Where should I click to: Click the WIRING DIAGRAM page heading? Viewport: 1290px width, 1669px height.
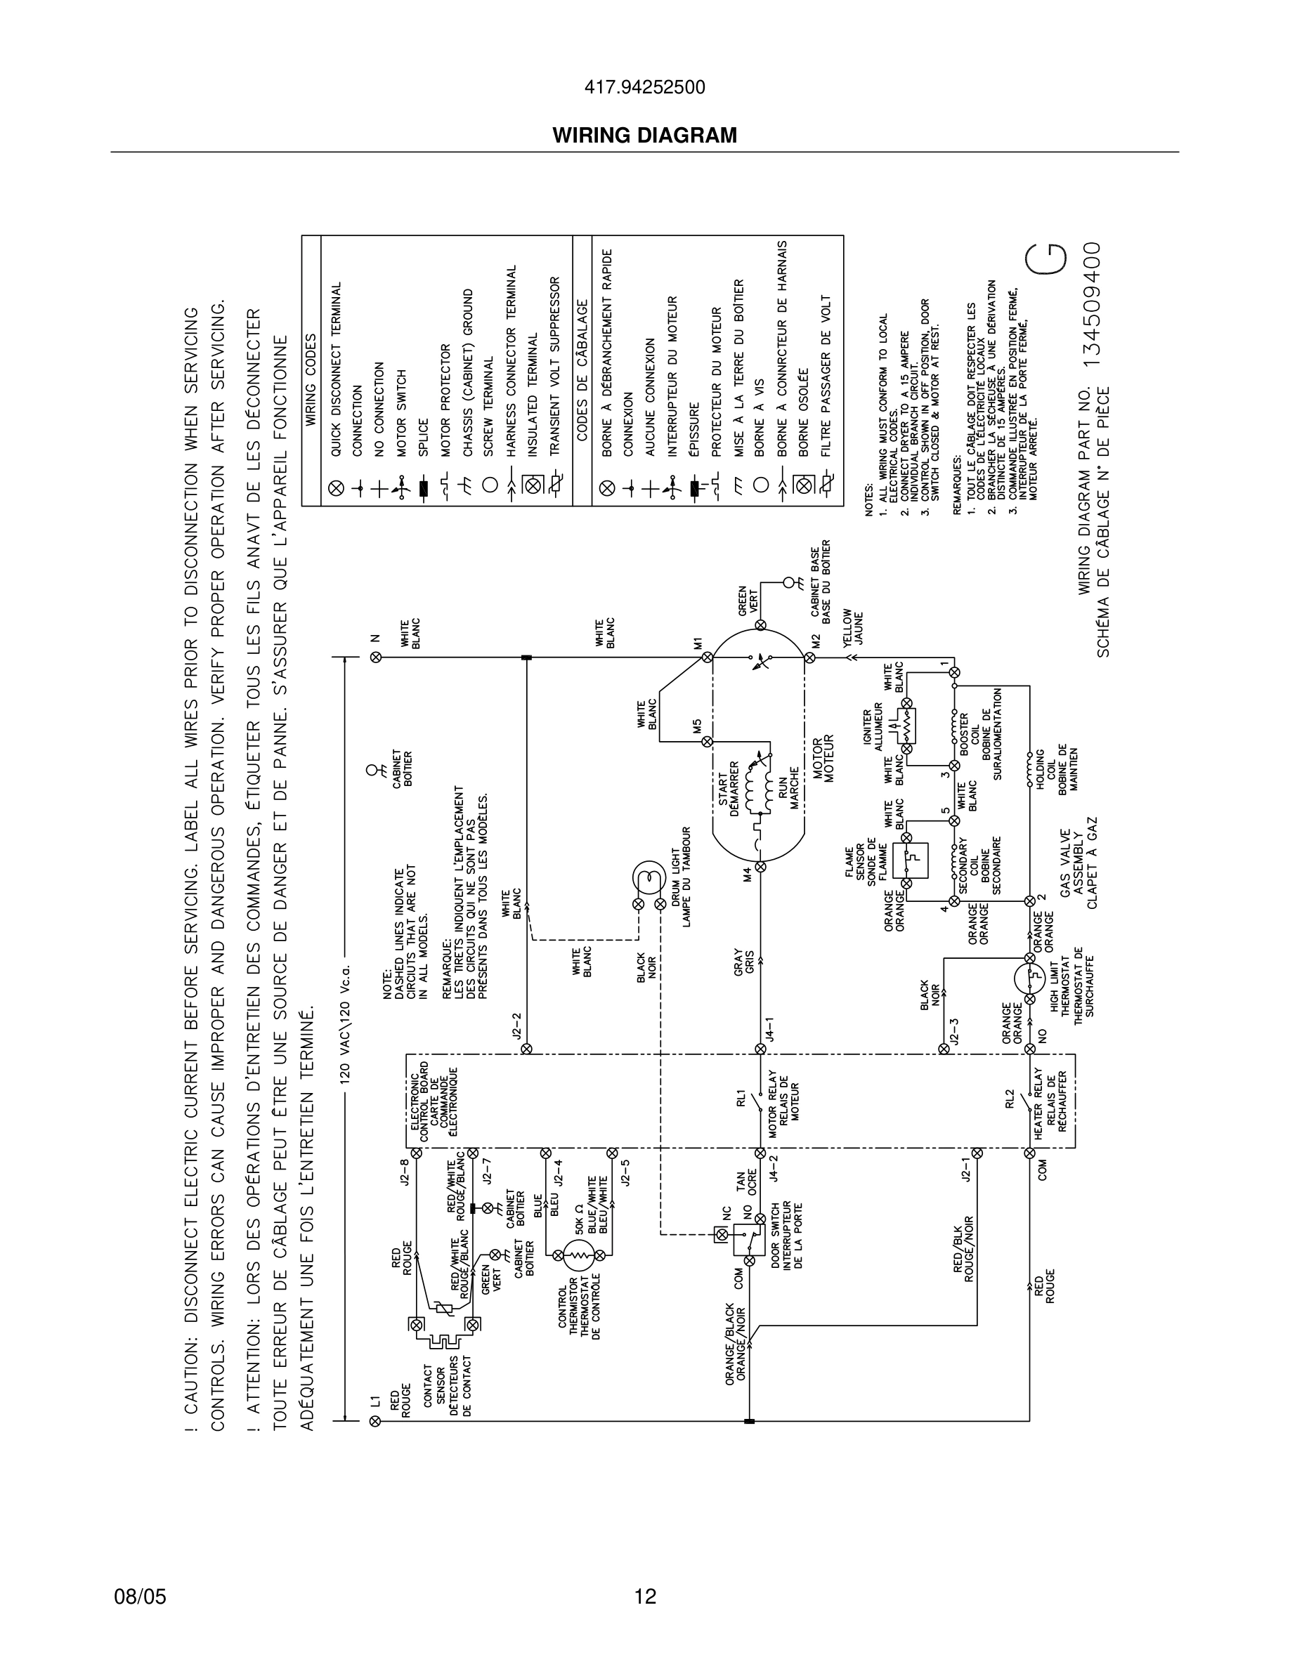[x=645, y=136]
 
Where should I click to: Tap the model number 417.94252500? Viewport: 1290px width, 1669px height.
[x=645, y=88]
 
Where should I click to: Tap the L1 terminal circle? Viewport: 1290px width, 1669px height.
[x=374, y=1420]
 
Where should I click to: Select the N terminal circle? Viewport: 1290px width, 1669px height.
[x=375, y=657]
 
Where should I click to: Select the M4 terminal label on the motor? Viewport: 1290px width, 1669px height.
[x=748, y=877]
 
